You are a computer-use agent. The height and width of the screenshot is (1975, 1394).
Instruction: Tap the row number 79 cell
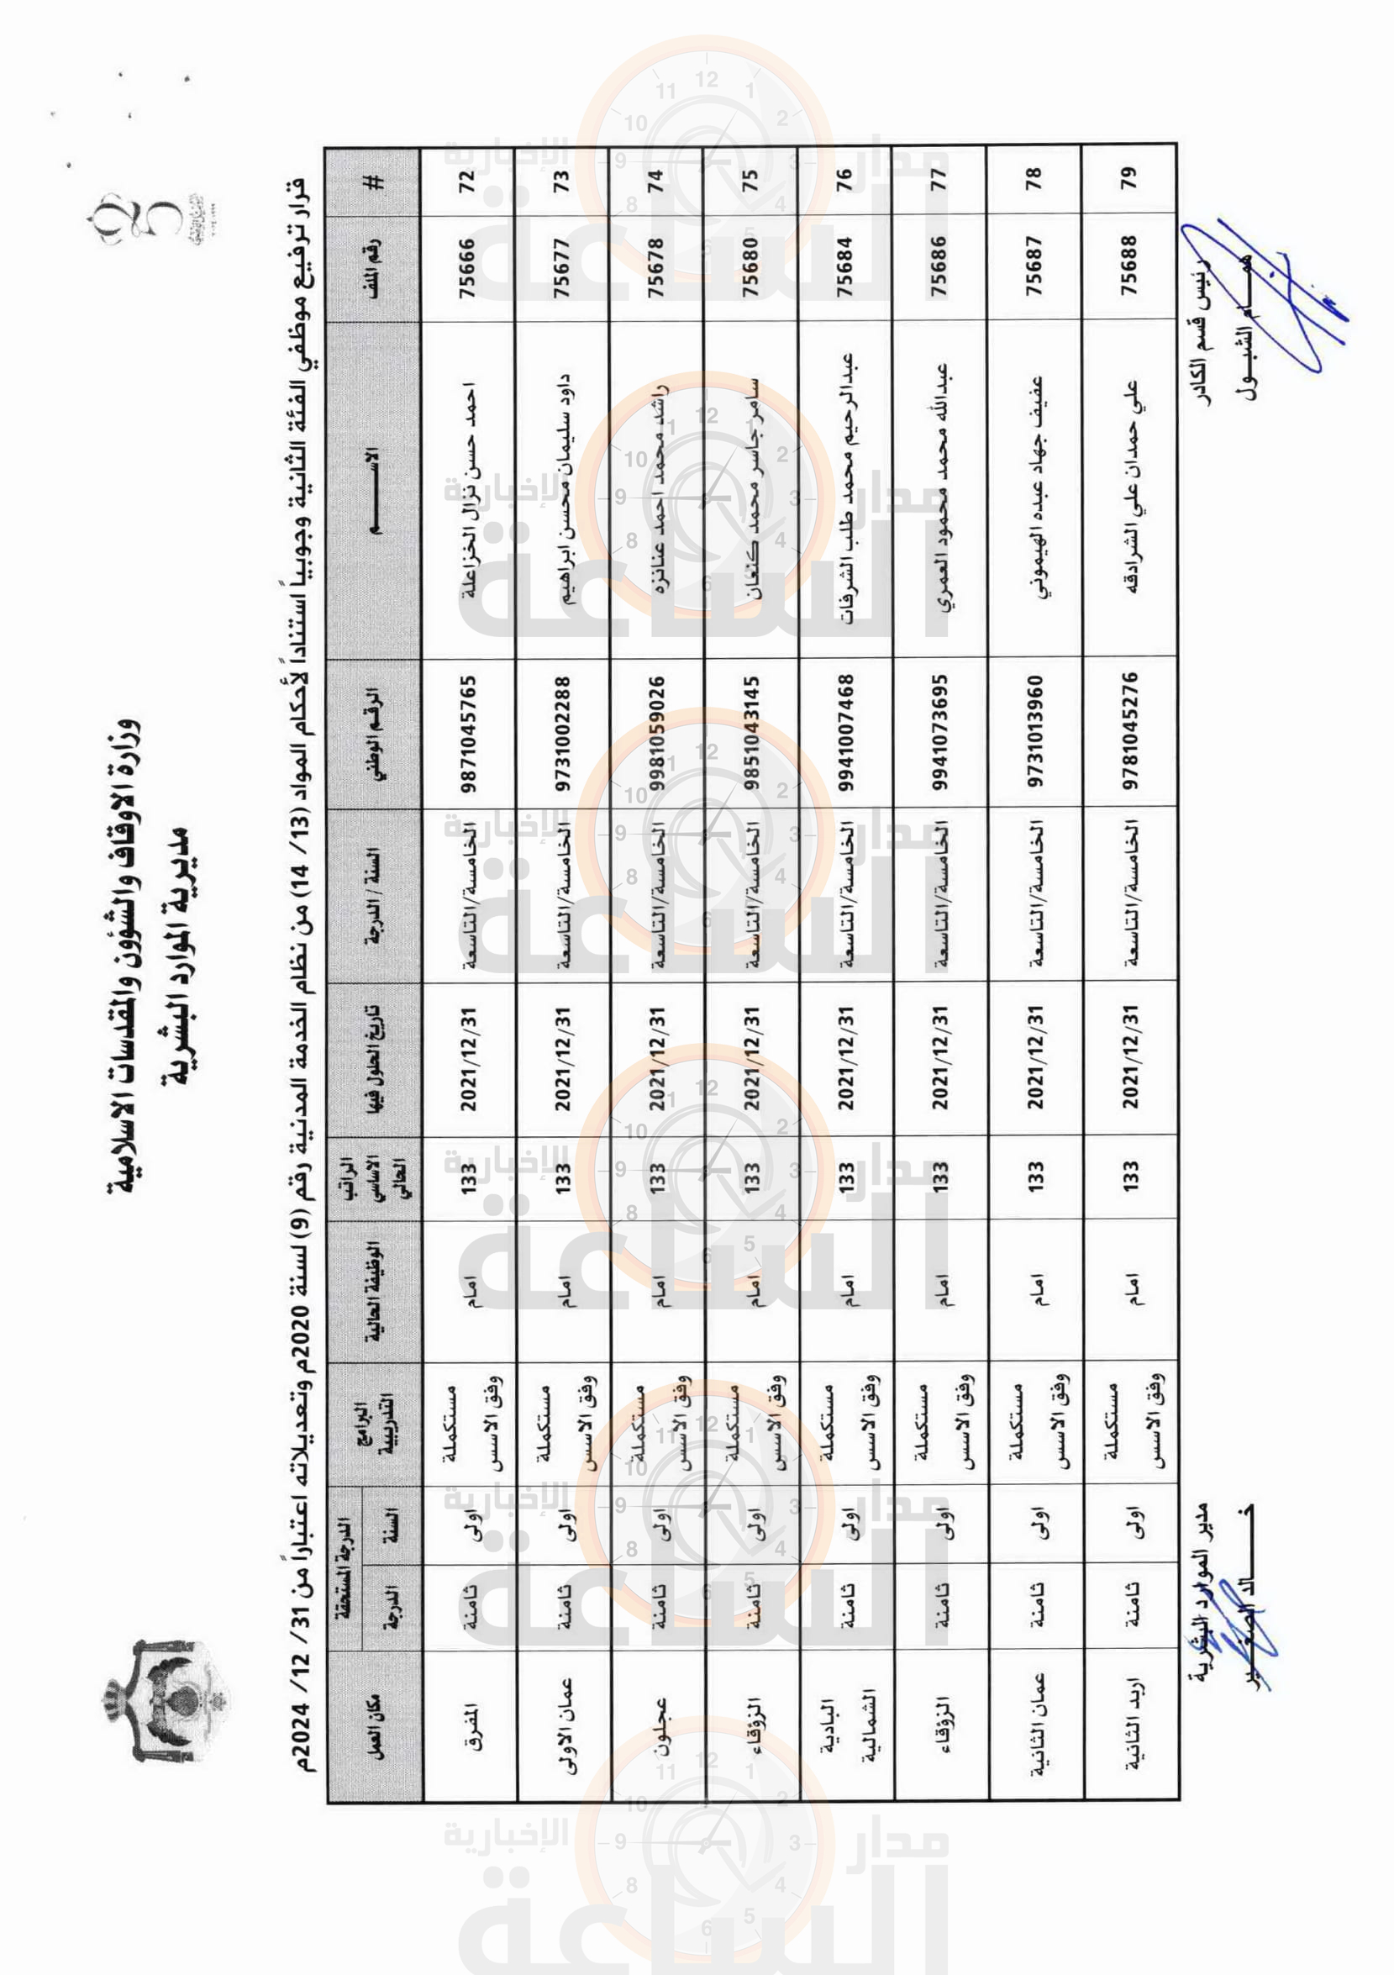click(1128, 178)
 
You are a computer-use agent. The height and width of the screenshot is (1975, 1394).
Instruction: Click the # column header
click(375, 182)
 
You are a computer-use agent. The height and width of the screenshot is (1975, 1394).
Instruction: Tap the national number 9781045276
click(1128, 734)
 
